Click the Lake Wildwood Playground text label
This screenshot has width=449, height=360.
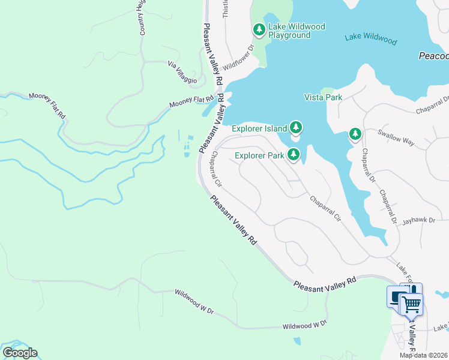click(289, 31)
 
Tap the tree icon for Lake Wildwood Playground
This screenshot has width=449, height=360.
click(259, 29)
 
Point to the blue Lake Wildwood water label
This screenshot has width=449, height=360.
click(370, 40)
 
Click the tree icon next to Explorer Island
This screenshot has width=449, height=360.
click(295, 127)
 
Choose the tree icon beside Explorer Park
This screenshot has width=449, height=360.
click(294, 155)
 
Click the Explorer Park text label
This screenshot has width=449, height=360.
click(259, 156)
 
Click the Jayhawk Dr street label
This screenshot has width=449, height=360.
click(417, 221)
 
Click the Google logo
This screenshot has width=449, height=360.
click(20, 353)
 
